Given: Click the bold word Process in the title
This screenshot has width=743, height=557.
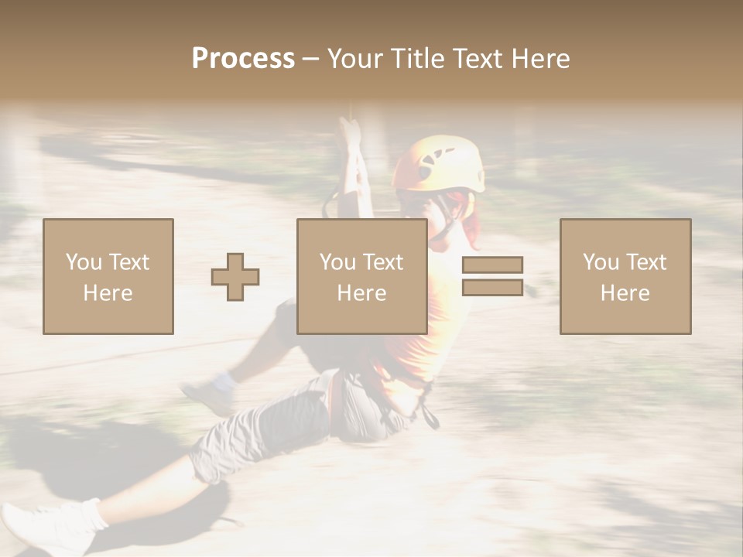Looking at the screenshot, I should tap(243, 59).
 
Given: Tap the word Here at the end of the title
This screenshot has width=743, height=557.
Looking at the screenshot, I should tap(540, 59).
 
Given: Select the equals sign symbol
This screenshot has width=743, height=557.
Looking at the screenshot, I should tap(492, 276).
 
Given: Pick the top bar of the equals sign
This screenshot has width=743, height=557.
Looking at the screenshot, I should tap(492, 265).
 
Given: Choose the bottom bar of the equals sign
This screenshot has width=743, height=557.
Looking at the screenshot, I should tap(492, 287).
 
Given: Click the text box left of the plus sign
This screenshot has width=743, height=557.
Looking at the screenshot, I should tap(108, 276).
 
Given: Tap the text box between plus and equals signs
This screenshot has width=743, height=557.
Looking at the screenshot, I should tap(361, 276).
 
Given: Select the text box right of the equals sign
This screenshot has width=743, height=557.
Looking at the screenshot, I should tap(625, 276).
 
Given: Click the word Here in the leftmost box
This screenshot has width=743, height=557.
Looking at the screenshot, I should tap(108, 293).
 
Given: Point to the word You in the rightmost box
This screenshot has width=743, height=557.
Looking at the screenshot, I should tap(601, 262).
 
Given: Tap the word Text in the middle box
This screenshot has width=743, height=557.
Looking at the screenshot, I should tap(382, 262).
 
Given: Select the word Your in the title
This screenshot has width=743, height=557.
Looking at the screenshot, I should tap(356, 59).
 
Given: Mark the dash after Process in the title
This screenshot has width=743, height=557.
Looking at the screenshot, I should tap(311, 59).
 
